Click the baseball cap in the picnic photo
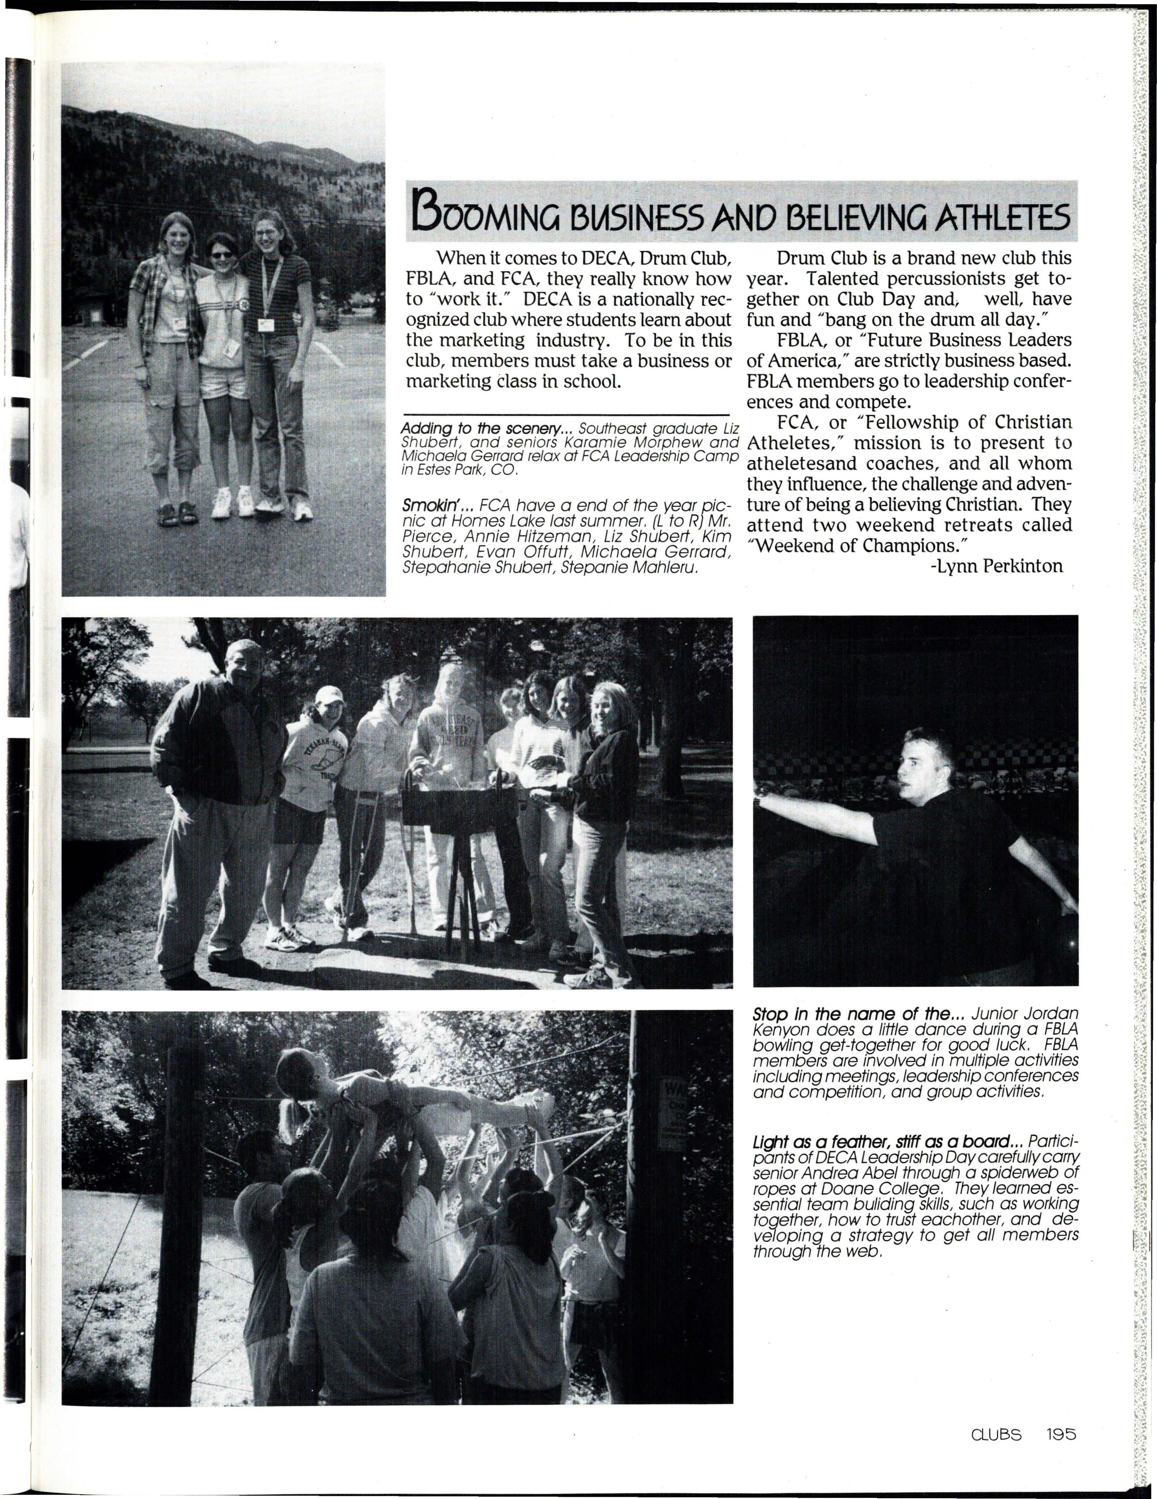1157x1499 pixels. (328, 695)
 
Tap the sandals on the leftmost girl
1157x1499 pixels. (178, 513)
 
